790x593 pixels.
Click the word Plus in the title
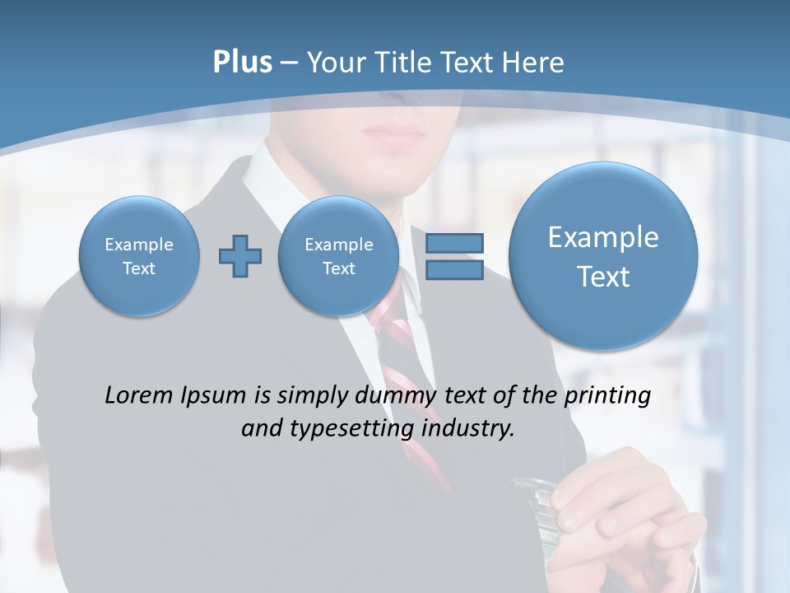pos(242,63)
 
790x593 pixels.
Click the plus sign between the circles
pos(240,256)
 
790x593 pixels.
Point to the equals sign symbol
pos(454,257)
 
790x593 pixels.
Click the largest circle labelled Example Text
pos(603,256)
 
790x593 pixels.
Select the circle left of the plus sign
pos(139,256)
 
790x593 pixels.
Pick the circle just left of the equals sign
pos(338,256)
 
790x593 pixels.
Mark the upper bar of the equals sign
pos(454,244)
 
